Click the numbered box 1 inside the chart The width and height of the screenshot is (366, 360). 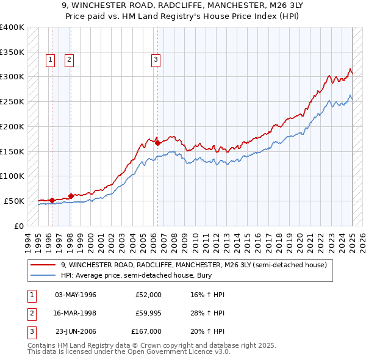click(x=49, y=59)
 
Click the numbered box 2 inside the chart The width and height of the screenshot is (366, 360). click(x=70, y=59)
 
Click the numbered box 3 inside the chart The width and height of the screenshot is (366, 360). click(x=156, y=59)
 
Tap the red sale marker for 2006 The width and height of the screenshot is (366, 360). click(x=158, y=143)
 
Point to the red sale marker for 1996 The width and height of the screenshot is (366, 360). click(x=52, y=200)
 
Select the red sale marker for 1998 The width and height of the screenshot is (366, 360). click(x=71, y=196)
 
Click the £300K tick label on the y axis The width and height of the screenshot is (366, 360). click(x=12, y=77)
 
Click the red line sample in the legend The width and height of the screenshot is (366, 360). click(x=43, y=265)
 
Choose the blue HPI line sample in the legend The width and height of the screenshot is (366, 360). click(x=43, y=275)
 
